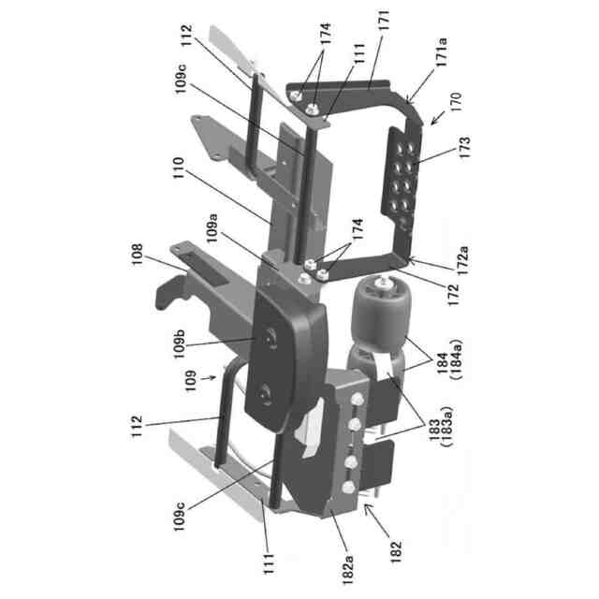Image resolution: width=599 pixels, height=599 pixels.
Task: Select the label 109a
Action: pyautogui.click(x=212, y=228)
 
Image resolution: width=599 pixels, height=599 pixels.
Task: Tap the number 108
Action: pyautogui.click(x=137, y=254)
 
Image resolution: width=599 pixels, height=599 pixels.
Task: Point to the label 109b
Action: pyautogui.click(x=179, y=344)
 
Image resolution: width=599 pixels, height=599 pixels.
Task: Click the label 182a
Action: pyautogui.click(x=348, y=570)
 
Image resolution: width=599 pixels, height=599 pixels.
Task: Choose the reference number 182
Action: pyautogui.click(x=396, y=551)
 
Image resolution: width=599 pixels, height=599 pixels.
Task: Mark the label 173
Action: pyautogui.click(x=465, y=147)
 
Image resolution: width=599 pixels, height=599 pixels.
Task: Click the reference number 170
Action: pyautogui.click(x=456, y=101)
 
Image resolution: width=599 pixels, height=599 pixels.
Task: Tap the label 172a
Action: pyautogui.click(x=462, y=261)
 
